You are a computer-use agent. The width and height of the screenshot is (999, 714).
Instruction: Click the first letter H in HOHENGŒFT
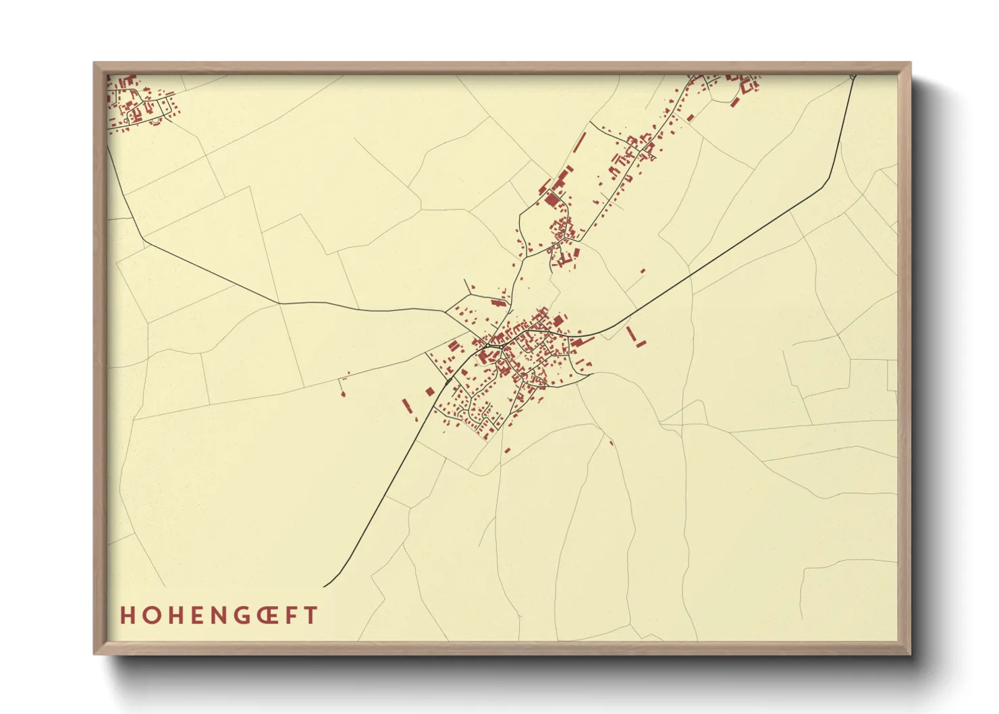[x=127, y=615]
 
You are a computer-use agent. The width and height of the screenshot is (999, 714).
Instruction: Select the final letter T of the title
[x=311, y=615]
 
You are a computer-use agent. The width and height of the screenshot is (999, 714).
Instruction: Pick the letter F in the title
[x=290, y=615]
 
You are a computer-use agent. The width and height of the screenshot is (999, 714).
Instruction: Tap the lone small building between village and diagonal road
[x=643, y=271]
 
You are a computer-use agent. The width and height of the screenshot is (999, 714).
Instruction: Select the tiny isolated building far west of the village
[x=343, y=393]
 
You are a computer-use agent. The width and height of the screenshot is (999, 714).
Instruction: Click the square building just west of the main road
[x=430, y=391]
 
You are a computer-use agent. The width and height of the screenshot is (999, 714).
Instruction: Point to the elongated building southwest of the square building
[x=406, y=406]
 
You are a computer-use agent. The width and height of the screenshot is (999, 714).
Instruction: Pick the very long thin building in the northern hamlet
[x=580, y=142]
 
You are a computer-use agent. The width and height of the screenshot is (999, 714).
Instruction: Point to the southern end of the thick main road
[x=325, y=586]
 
